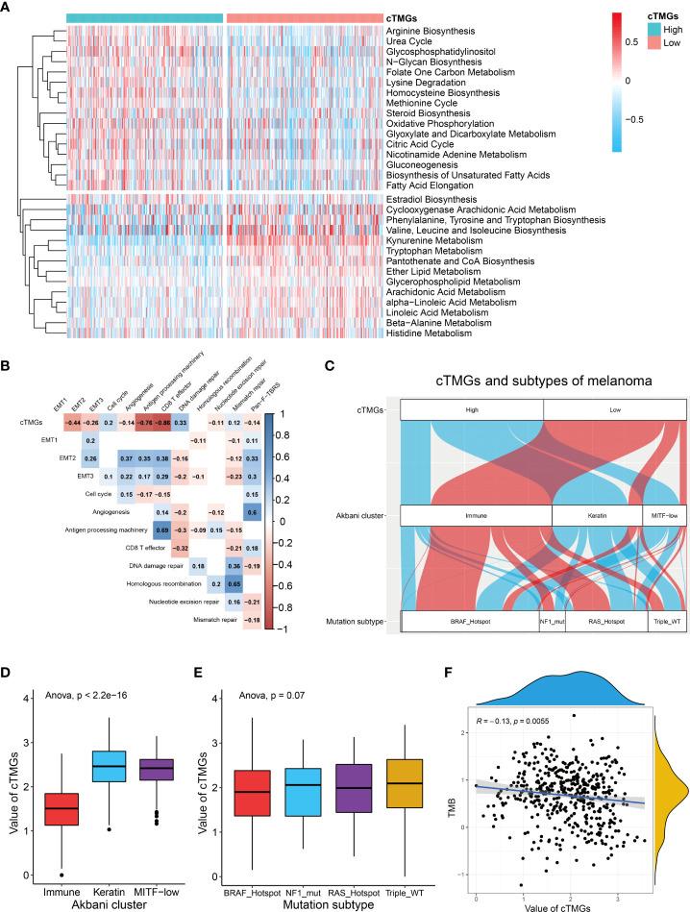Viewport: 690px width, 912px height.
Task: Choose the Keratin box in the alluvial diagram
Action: tap(596, 515)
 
